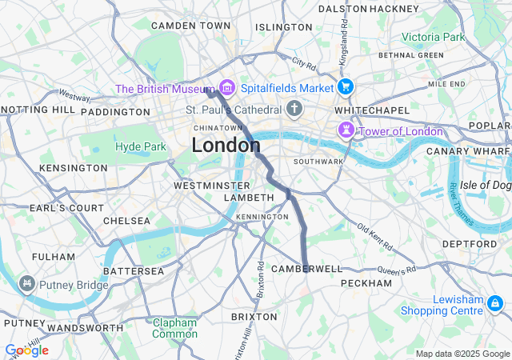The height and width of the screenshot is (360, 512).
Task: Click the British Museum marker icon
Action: pyautogui.click(x=226, y=87)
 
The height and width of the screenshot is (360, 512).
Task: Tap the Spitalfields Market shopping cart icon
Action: pyautogui.click(x=346, y=87)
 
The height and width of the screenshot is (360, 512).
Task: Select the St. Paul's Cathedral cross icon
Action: pyautogui.click(x=294, y=109)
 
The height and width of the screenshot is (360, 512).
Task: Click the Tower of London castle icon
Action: pyautogui.click(x=346, y=130)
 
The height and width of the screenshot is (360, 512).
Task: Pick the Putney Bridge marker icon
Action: pyautogui.click(x=27, y=283)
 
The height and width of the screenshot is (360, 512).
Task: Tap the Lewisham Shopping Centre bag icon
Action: pyautogui.click(x=494, y=303)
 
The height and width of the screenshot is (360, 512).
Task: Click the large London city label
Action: pyautogui.click(x=226, y=146)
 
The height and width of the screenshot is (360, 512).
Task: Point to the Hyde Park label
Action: pyautogui.click(x=140, y=146)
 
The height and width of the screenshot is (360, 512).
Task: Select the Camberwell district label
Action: pyautogui.click(x=306, y=269)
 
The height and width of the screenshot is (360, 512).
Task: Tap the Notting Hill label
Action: pyautogui.click(x=38, y=109)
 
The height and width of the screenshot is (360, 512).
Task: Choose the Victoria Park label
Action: pyautogui.click(x=432, y=37)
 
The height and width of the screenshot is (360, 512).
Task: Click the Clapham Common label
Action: pyautogui.click(x=174, y=328)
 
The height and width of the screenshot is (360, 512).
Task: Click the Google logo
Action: pyautogui.click(x=26, y=350)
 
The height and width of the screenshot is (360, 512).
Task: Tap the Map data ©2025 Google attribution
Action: pyautogui.click(x=462, y=354)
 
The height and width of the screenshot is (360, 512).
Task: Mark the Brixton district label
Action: pyautogui.click(x=254, y=317)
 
